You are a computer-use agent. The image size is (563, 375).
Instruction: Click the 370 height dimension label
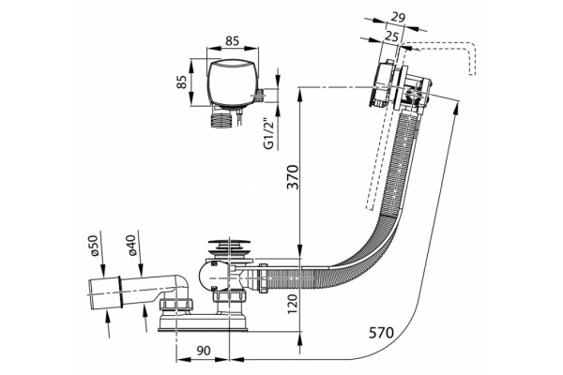(293, 176)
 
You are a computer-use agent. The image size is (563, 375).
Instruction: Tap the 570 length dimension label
(381, 333)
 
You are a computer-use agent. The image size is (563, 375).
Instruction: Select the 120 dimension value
(293, 303)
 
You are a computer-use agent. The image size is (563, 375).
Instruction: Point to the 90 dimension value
(204, 351)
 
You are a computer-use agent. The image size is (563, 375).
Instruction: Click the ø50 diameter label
(93, 246)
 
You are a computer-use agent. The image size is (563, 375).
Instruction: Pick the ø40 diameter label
(131, 246)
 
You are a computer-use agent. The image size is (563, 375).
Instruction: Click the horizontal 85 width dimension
(232, 41)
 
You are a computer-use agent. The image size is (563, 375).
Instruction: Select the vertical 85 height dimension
(182, 82)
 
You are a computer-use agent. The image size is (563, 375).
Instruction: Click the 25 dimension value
(391, 36)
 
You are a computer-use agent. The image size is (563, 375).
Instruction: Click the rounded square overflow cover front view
(233, 82)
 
